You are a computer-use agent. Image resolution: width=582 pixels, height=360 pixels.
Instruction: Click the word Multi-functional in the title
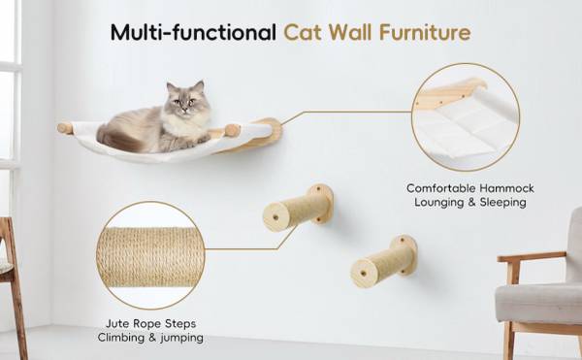click(193, 32)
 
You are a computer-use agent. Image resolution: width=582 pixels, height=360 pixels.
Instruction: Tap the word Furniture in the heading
click(425, 32)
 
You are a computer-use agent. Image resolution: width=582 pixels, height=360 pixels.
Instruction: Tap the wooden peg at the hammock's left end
click(65, 128)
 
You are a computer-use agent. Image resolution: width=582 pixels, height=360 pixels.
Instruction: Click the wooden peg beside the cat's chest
click(233, 130)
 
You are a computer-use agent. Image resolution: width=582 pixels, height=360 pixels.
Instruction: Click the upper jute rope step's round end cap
click(275, 217)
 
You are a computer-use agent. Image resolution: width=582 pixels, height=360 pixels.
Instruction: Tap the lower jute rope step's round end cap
click(364, 274)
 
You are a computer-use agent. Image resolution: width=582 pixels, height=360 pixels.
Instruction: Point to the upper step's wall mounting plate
click(321, 204)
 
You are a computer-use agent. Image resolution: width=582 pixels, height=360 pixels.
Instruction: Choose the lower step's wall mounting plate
click(405, 254)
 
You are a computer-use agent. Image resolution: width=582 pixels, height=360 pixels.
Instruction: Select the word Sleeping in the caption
click(502, 203)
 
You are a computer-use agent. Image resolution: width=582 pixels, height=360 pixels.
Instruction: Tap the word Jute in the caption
click(117, 324)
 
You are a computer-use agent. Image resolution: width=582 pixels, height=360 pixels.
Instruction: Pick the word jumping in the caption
click(182, 338)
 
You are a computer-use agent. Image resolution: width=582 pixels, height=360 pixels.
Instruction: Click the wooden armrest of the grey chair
click(532, 256)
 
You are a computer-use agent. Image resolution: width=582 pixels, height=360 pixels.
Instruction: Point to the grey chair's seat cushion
click(539, 303)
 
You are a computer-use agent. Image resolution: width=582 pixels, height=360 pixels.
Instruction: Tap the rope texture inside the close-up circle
click(150, 257)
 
